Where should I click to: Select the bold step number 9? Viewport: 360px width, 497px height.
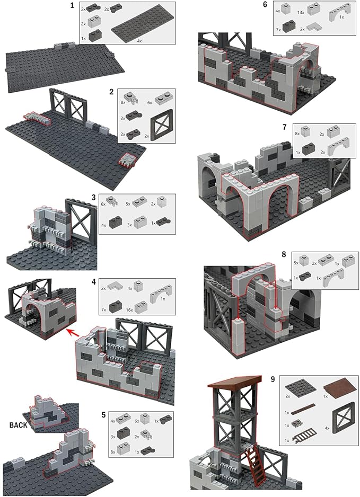[273, 379]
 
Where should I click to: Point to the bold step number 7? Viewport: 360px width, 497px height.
[285, 128]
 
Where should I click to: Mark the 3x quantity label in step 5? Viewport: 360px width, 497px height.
[113, 437]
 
